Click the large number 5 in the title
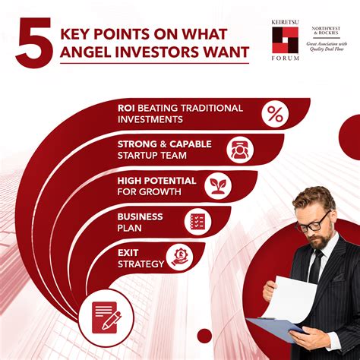pyautogui.click(x=34, y=43)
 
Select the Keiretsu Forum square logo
pyautogui.click(x=285, y=40)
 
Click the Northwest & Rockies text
pyautogui.click(x=326, y=30)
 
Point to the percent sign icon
pyautogui.click(x=275, y=114)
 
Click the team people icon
pyautogui.click(x=240, y=150)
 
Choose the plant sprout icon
pyautogui.click(x=218, y=186)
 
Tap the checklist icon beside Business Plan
pyautogui.click(x=197, y=222)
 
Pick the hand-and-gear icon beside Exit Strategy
pyautogui.click(x=179, y=257)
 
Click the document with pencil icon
pyautogui.click(x=106, y=318)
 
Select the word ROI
pyautogui.click(x=126, y=108)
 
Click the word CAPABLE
pyautogui.click(x=191, y=144)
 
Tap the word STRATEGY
pyautogui.click(x=141, y=264)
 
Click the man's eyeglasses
pyautogui.click(x=314, y=224)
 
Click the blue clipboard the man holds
pyautogui.click(x=276, y=329)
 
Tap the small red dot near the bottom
pyautogui.click(x=204, y=336)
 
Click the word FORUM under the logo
pyautogui.click(x=285, y=58)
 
